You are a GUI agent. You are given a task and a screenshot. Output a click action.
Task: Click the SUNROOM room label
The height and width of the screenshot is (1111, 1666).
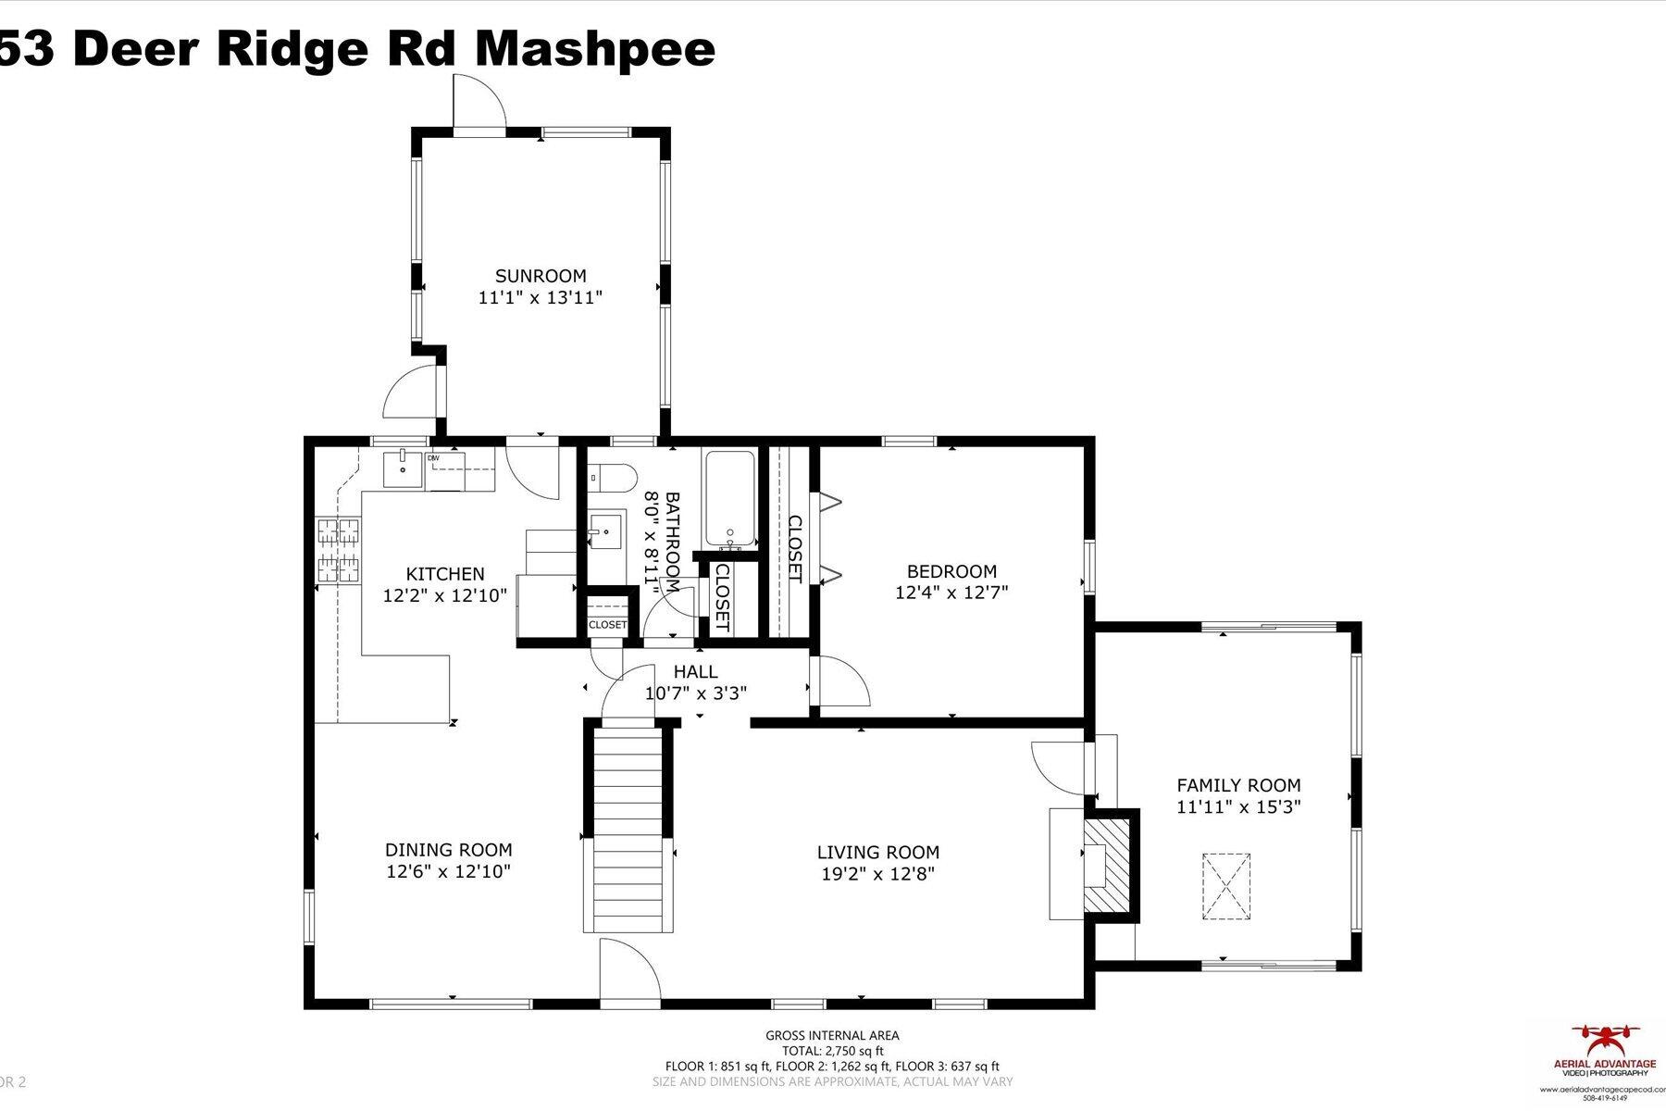[541, 276]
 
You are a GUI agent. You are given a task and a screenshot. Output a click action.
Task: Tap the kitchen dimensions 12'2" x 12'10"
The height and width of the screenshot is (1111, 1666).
[445, 595]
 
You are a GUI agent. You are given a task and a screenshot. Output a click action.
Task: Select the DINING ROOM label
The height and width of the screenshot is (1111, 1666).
[448, 850]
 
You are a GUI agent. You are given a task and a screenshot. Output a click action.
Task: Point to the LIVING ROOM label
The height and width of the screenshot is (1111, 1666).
[877, 853]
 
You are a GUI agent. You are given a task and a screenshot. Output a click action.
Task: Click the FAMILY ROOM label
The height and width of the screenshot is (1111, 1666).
[1238, 785]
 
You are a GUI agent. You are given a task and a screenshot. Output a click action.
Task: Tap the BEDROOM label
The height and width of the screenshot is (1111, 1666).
[951, 571]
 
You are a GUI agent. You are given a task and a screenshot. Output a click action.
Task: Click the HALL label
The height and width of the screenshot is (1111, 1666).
[695, 672]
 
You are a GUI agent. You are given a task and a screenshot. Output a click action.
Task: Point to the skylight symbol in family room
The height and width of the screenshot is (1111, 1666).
[1225, 886]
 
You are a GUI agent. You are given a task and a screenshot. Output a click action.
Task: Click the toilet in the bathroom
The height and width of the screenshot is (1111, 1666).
[612, 478]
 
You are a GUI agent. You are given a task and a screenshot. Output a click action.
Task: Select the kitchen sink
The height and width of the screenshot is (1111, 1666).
[404, 468]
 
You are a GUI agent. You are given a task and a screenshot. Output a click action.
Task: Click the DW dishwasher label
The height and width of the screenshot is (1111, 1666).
[433, 458]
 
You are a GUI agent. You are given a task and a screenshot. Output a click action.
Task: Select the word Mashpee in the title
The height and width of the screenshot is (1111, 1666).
[594, 48]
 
